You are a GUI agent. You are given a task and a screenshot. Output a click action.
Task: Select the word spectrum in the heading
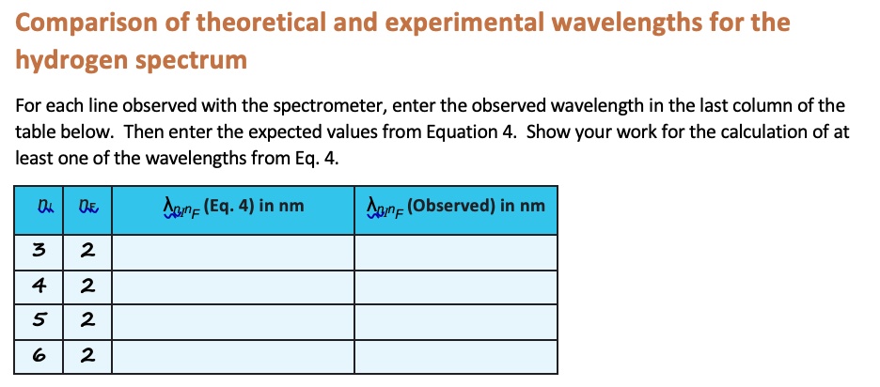click(192, 61)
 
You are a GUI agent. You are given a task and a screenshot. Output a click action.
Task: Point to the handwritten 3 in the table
click(39, 251)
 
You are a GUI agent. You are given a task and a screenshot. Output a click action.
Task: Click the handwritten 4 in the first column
click(39, 286)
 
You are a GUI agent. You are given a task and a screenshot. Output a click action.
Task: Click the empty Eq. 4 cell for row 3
click(233, 251)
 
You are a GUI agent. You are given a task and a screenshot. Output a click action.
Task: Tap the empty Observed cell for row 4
click(455, 286)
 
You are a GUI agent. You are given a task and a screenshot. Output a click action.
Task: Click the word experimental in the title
click(445, 23)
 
